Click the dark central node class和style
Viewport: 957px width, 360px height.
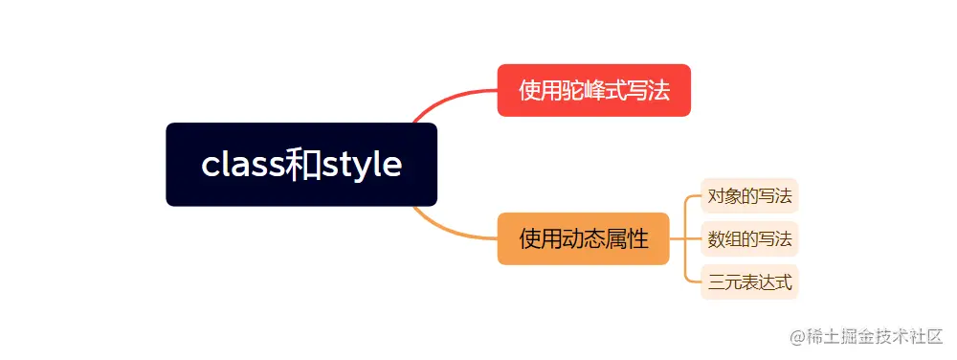[x=301, y=165]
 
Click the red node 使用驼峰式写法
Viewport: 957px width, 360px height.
[x=593, y=90]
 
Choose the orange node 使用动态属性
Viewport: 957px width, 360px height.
[x=583, y=238]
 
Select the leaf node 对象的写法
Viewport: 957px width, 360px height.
[x=749, y=196]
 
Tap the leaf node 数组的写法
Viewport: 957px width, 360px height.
[x=749, y=238]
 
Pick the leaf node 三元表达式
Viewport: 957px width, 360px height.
[x=749, y=282]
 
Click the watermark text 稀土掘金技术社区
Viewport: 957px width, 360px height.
[x=877, y=336]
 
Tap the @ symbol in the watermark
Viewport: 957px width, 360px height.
[x=798, y=336]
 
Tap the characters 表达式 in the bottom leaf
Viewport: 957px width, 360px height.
[x=761, y=282]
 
